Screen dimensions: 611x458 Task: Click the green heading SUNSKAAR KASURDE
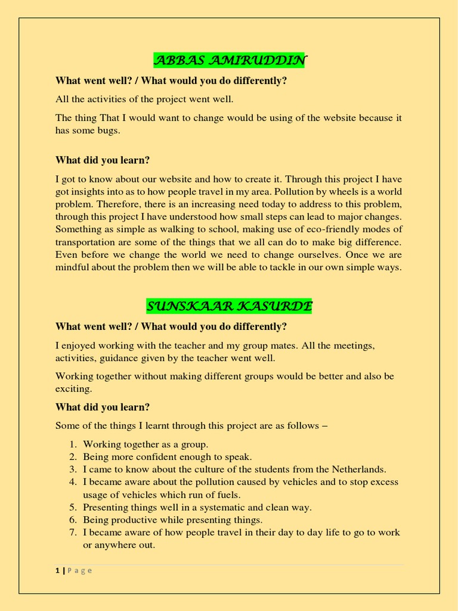[229, 307]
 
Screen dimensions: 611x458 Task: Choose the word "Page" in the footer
[79, 570]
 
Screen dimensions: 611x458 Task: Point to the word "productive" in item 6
[132, 520]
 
